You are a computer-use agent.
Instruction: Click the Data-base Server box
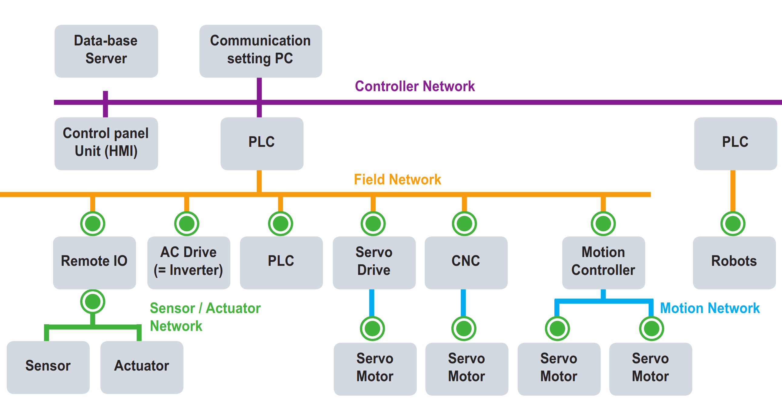pos(106,51)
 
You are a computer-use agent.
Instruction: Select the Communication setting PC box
pos(260,51)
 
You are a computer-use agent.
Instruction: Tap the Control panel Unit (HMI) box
pos(106,144)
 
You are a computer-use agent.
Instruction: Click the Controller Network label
pos(414,86)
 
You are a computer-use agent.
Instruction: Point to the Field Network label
pos(397,179)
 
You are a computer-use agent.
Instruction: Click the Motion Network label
pos(710,308)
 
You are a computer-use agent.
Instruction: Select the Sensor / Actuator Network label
pos(205,317)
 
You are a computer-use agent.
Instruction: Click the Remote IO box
pos(94,262)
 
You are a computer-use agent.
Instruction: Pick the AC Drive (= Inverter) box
pos(189,262)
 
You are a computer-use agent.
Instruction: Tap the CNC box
pos(466,262)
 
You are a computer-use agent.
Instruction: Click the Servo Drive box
pos(374,262)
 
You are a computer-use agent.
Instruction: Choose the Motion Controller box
pos(603,262)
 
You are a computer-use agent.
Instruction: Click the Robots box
pos(734,262)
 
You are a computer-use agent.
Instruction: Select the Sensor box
pos(48,367)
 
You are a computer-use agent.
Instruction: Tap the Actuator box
pos(142,367)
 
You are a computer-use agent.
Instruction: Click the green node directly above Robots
pos(733,224)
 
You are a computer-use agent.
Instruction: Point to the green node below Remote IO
pos(92,302)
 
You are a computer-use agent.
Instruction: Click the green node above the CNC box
pos(464,224)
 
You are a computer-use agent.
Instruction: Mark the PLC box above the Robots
pos(735,144)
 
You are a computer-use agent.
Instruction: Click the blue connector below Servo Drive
pos(372,302)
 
